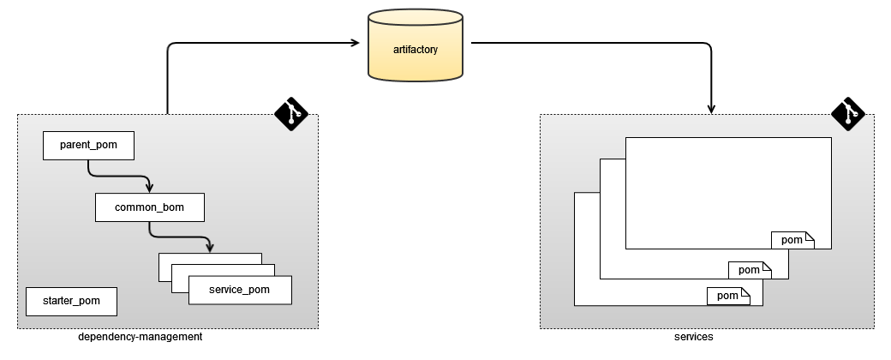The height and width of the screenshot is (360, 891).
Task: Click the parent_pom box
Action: [88, 146]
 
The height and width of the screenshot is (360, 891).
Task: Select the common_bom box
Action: [149, 207]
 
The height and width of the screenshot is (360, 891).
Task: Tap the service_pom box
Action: [239, 290]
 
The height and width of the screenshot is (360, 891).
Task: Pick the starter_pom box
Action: [71, 301]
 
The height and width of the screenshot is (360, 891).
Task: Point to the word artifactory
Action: [416, 50]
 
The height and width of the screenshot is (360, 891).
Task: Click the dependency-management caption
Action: [140, 337]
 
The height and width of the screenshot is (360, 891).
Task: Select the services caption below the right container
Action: [693, 337]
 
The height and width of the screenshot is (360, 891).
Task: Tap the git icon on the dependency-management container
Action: [291, 113]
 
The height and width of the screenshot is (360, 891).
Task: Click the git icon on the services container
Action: [848, 113]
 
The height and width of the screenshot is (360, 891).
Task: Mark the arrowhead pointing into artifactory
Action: [354, 41]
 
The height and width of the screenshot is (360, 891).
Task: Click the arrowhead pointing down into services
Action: [713, 107]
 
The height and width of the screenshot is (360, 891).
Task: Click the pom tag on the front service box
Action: [792, 240]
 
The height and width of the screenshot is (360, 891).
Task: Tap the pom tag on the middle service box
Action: [750, 270]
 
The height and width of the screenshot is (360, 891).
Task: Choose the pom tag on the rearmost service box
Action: [728, 297]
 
